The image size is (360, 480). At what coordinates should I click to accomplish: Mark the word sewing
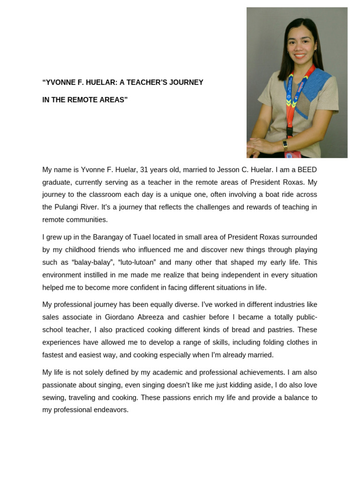click(x=53, y=397)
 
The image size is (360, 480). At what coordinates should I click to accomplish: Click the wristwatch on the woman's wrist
click(x=285, y=144)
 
